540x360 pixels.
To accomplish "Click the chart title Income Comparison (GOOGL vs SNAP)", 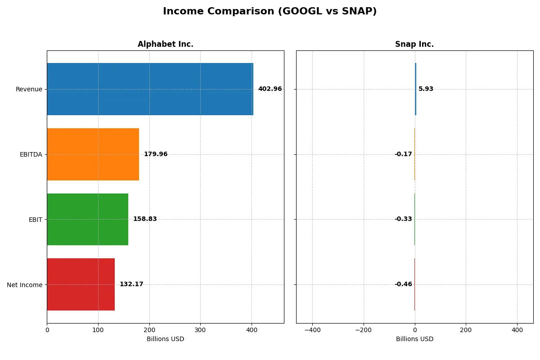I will pos(270,12).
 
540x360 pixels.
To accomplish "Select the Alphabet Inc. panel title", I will pos(165,45).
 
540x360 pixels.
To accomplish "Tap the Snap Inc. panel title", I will pos(414,45).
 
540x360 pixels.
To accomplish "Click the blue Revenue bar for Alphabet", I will pos(150,89).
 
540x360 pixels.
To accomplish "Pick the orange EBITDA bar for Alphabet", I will pos(93,154).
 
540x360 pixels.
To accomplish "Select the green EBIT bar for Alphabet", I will pos(87,219).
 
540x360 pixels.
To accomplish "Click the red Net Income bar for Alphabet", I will pos(81,284).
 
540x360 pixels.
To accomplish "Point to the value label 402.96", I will pos(270,89).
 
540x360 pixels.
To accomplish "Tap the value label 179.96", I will pos(155,154).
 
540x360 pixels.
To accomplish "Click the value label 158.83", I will pos(144,219).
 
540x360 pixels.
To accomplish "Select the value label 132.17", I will pos(131,284).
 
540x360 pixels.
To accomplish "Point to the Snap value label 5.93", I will pos(426,89).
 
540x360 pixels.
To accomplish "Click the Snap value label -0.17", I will pos(403,154).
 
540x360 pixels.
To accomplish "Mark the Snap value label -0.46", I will pos(403,284).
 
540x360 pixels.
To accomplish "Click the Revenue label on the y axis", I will pos(29,89).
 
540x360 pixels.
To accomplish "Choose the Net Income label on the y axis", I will pos(25,285).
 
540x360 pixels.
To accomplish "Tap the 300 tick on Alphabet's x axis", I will pos(200,330).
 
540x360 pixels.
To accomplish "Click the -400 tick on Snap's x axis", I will pos(312,330).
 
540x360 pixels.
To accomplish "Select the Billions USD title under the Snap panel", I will pos(414,339).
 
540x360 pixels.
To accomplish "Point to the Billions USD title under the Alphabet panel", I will pos(165,339).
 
